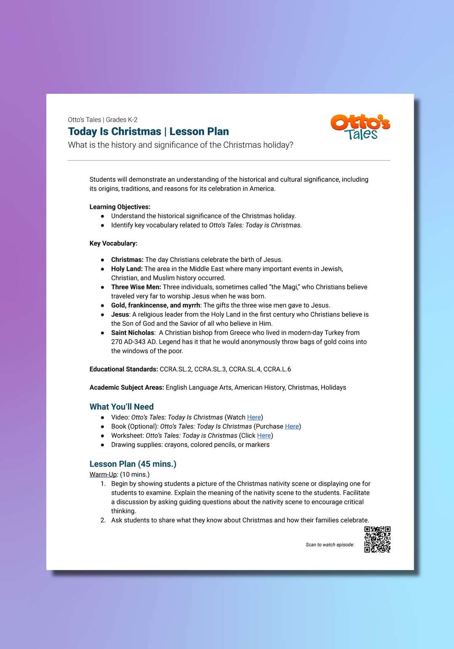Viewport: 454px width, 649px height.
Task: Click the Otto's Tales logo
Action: coord(360,127)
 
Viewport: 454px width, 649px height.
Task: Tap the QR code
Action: coord(377,539)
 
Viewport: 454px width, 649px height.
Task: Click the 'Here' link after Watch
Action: coord(254,417)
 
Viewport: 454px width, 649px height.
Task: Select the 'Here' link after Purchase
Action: coord(292,426)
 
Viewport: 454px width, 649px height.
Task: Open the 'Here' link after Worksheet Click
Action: coord(264,436)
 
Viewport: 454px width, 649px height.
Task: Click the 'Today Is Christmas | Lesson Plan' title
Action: coord(148,132)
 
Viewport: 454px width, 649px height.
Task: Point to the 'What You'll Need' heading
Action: coord(121,407)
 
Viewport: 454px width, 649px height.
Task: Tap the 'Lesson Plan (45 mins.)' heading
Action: coord(133,464)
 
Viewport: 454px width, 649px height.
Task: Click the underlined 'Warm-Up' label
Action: coord(103,474)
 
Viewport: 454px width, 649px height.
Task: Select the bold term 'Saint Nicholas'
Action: coord(132,332)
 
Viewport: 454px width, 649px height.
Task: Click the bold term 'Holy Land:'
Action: coord(127,269)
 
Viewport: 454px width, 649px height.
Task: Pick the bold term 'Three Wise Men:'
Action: coord(136,287)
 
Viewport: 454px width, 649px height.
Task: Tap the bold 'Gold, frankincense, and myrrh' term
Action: coord(156,305)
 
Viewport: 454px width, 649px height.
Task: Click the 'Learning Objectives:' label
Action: coord(120,207)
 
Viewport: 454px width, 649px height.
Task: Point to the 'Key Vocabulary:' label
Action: coord(113,243)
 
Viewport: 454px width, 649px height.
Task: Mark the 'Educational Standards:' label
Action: coord(124,369)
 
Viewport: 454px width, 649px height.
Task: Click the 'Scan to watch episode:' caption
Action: coord(330,545)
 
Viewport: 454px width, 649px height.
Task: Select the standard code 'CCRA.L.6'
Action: coord(277,369)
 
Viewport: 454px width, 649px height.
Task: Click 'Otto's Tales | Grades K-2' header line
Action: coord(103,120)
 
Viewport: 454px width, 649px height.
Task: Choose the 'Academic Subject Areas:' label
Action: coord(127,387)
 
